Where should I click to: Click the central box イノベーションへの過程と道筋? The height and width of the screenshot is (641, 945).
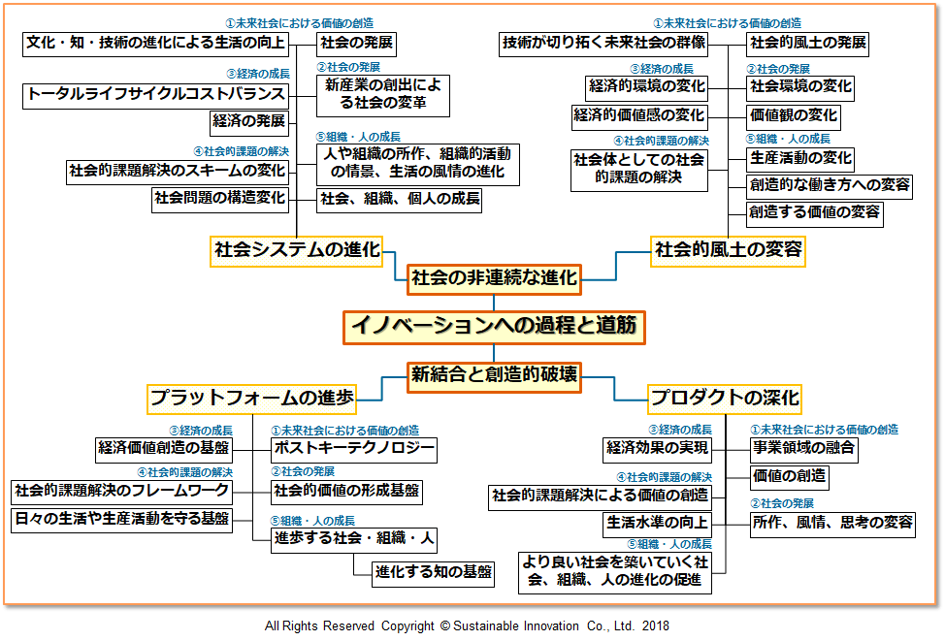(493, 326)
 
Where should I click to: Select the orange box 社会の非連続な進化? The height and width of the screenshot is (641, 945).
(494, 278)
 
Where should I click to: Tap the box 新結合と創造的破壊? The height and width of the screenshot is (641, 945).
(494, 375)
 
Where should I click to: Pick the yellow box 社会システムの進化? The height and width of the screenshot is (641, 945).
(297, 250)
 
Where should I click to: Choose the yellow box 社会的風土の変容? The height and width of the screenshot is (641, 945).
(729, 250)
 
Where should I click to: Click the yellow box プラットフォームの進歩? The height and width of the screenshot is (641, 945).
(251, 398)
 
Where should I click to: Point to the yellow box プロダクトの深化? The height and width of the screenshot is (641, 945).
(725, 398)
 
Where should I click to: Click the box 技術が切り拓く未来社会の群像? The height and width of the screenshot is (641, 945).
(603, 43)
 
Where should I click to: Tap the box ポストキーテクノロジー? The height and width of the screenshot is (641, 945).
(353, 449)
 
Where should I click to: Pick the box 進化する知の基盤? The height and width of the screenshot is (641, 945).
(434, 571)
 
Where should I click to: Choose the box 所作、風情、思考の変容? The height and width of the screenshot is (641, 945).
(833, 523)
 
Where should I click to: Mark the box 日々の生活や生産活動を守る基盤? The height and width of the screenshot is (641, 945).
(122, 519)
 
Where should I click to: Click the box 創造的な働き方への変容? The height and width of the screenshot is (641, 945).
(829, 185)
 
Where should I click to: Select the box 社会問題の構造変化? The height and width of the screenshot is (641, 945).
(221, 199)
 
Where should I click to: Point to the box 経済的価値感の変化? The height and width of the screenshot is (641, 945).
(638, 116)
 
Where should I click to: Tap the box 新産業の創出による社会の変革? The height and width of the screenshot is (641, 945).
(383, 94)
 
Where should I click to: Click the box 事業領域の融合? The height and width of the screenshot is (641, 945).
(804, 448)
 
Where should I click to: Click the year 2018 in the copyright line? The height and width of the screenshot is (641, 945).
(655, 626)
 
